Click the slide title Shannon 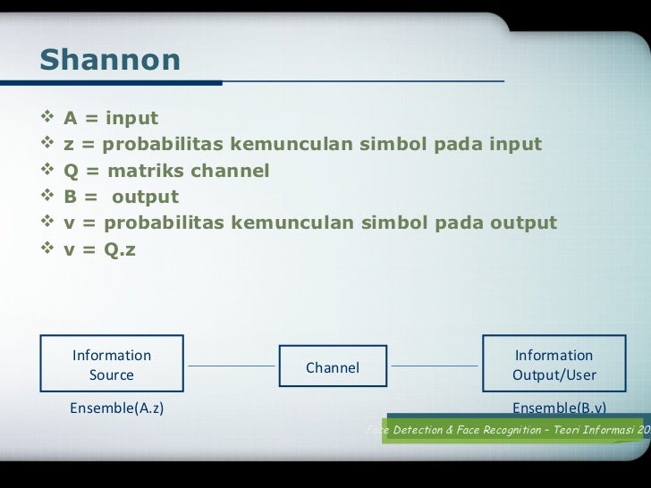pyautogui.click(x=110, y=61)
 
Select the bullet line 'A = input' pyautogui.click(x=110, y=119)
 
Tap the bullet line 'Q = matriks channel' pyautogui.click(x=165, y=171)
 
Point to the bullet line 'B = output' pyautogui.click(x=121, y=197)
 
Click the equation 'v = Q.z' pyautogui.click(x=99, y=249)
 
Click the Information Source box pyautogui.click(x=112, y=365)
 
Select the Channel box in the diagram pyautogui.click(x=333, y=367)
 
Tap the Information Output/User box pyautogui.click(x=554, y=365)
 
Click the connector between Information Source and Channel pyautogui.click(x=232, y=366)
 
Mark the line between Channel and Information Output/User pyautogui.click(x=435, y=366)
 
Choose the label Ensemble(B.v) pyautogui.click(x=559, y=408)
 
